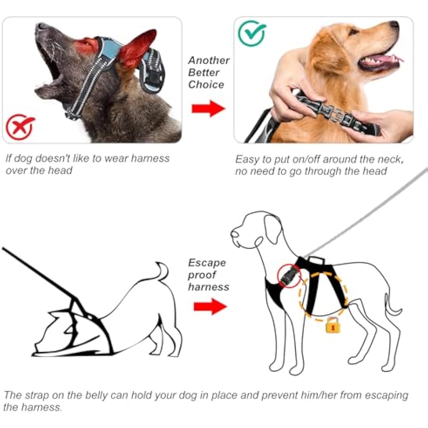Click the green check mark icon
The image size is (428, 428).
252,33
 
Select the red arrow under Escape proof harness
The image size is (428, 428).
210,306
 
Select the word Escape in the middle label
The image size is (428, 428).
207,263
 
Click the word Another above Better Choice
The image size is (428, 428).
209,60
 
